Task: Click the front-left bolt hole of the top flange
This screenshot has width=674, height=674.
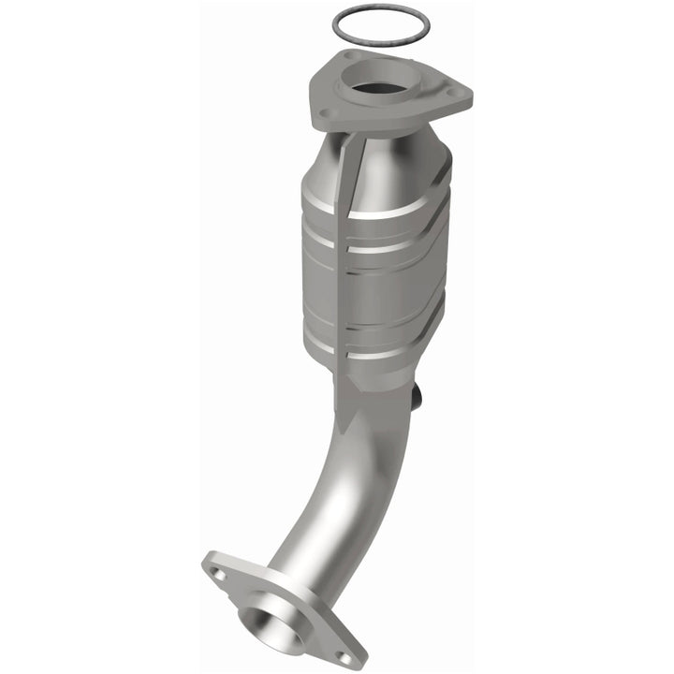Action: (x=325, y=115)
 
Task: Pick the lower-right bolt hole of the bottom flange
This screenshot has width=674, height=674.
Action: (x=346, y=658)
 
